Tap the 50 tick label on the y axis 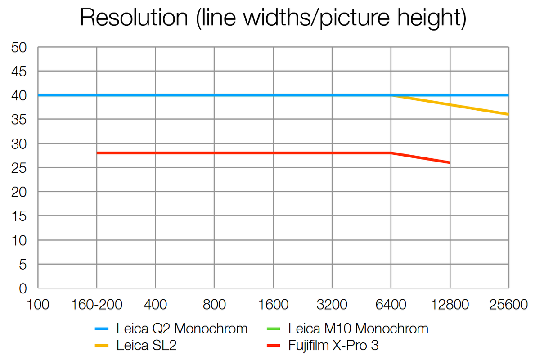point(19,47)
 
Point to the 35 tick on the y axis point(19,120)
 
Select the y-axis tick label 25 point(19,168)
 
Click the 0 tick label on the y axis point(23,288)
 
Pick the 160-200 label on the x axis point(96,305)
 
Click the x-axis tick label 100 point(38,305)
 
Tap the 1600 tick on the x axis point(273,305)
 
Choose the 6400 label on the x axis point(391,305)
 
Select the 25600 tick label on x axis point(508,305)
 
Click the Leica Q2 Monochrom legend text point(182,329)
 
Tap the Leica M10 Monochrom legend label point(358,329)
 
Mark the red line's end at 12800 point(449,162)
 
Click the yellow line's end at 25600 point(508,114)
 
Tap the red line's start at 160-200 point(97,153)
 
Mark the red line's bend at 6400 point(391,153)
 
